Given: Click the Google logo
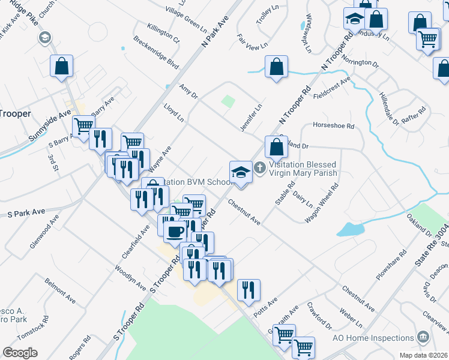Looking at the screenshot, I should click(20, 353).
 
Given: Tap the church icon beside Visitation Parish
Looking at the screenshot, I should click(260, 167).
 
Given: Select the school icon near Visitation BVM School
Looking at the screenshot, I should click(241, 172).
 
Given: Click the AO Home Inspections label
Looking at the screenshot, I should click(373, 338).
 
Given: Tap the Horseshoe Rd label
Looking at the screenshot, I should click(333, 127).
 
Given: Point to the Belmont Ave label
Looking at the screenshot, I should click(60, 290).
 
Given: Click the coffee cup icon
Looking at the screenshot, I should click(175, 232).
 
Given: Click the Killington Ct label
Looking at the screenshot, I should click(162, 32).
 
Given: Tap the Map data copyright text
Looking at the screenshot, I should click(424, 355).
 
